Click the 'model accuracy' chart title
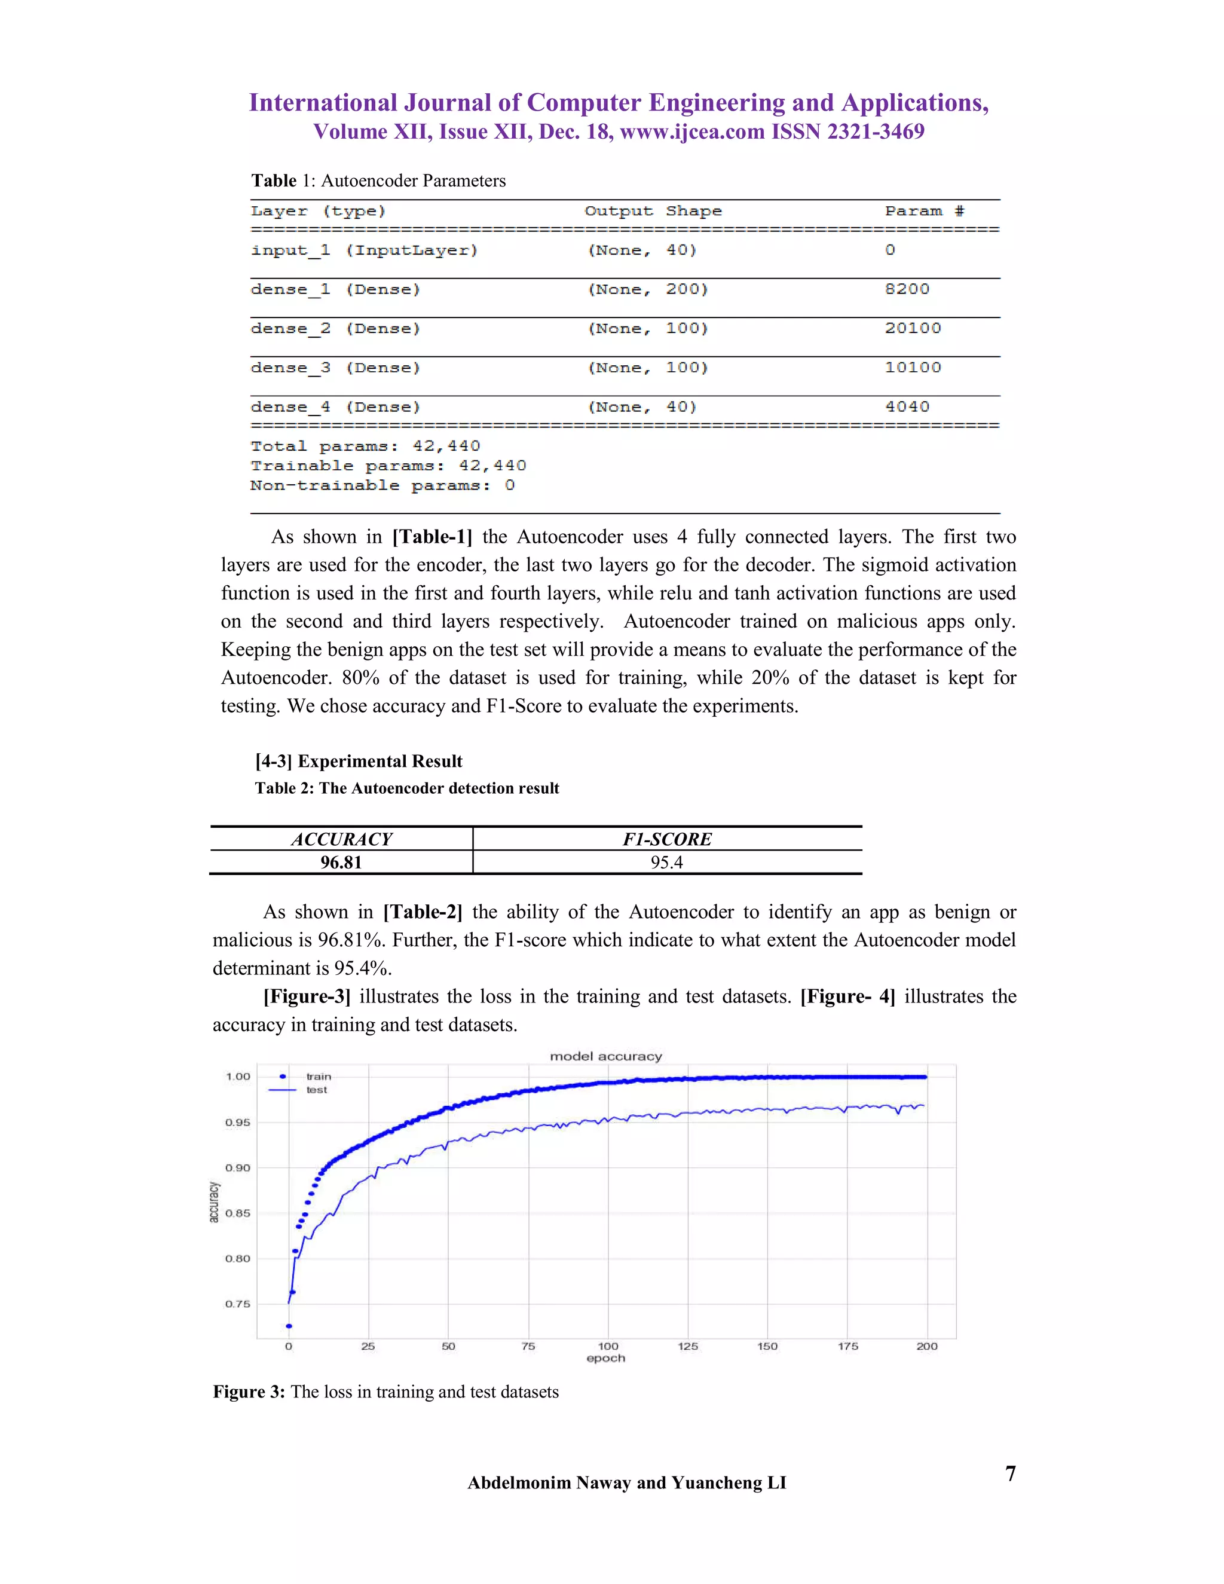click(605, 1056)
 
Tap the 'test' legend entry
click(316, 1089)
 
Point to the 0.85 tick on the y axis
click(237, 1213)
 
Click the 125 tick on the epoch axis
click(687, 1346)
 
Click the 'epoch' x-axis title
click(605, 1359)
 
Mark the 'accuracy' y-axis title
click(214, 1202)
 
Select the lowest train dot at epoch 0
click(289, 1326)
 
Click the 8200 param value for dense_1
click(907, 289)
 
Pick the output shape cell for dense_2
click(647, 329)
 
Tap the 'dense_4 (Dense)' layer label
click(335, 407)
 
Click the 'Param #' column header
click(924, 211)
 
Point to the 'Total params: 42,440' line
click(365, 446)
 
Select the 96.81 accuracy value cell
click(341, 863)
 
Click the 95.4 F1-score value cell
click(666, 863)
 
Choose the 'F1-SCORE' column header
click(666, 839)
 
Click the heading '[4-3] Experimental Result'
click(358, 761)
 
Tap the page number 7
click(1010, 1474)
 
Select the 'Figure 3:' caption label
click(249, 1392)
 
